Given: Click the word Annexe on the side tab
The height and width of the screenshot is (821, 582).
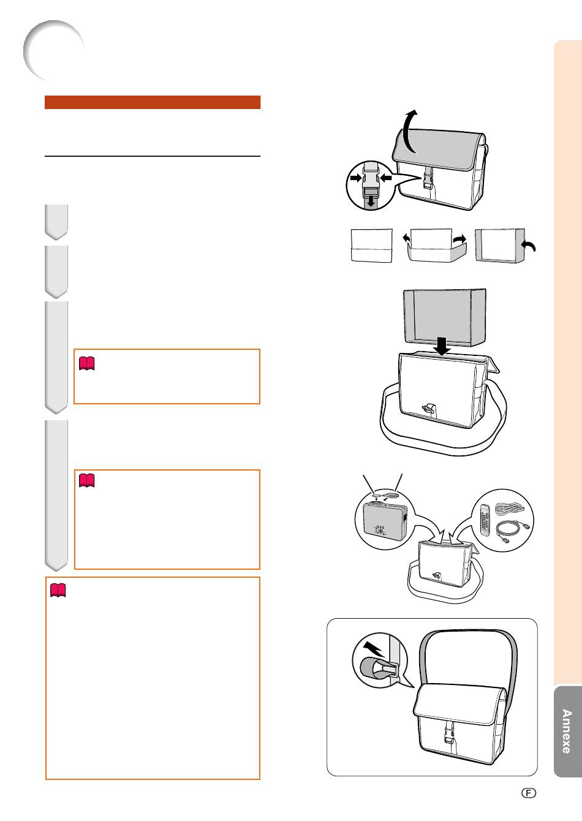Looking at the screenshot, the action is click(x=566, y=731).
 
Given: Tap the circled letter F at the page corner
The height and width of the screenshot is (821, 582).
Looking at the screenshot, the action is click(x=528, y=793).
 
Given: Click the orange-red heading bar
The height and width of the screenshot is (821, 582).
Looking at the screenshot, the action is click(x=153, y=102).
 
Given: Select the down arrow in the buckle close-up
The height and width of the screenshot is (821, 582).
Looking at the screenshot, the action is click(x=371, y=201).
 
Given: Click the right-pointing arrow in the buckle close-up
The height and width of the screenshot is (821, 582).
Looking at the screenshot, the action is click(x=355, y=178).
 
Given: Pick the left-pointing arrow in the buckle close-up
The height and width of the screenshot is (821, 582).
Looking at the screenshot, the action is click(x=386, y=178).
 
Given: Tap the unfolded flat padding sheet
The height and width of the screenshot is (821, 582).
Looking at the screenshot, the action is click(x=371, y=246).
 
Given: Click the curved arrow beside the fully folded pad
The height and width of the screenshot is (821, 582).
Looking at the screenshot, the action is click(x=529, y=246).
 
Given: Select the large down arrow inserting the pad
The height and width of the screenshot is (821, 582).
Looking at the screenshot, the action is click(x=442, y=346).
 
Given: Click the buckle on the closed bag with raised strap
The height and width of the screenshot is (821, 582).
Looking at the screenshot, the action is click(x=449, y=733).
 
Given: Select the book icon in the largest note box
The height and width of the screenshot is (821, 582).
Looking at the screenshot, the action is click(x=58, y=591).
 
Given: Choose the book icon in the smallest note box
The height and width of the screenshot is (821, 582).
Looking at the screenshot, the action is click(x=87, y=363).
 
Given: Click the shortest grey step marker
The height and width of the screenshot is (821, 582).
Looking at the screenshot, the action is click(x=56, y=222).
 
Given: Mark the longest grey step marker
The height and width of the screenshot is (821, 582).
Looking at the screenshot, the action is click(x=56, y=496).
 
